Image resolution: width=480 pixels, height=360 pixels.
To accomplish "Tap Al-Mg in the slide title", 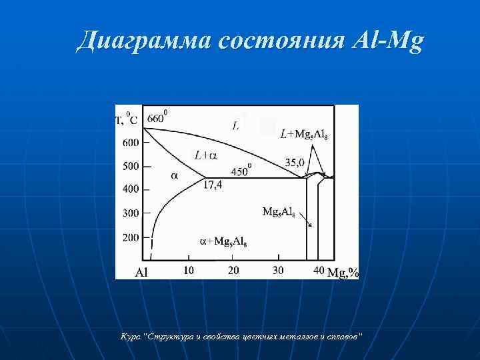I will click(x=387, y=42).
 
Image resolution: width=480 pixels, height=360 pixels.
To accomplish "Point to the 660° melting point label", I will click(x=156, y=118).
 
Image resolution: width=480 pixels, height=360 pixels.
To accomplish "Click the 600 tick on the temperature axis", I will click(x=131, y=142).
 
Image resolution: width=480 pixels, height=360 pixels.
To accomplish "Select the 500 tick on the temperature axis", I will click(x=131, y=166).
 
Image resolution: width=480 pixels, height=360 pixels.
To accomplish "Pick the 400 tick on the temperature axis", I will click(x=131, y=189).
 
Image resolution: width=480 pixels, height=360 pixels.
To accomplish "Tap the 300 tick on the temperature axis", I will click(x=131, y=213).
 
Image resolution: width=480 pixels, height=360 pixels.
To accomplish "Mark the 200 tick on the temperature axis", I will click(x=131, y=237).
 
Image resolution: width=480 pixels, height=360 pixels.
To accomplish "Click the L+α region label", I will click(x=205, y=155).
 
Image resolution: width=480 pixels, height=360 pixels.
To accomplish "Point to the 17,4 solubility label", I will click(x=213, y=186).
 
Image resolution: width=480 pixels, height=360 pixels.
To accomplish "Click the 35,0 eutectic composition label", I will click(x=295, y=161).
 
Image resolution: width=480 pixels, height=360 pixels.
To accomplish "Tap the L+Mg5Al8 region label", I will click(x=303, y=135).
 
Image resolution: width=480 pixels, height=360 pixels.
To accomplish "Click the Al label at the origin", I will click(x=142, y=272).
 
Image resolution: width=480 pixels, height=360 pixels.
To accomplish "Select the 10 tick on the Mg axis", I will click(x=188, y=270).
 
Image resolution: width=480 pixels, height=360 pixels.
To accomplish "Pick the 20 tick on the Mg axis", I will click(x=233, y=270).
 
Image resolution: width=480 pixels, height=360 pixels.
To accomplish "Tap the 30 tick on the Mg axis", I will click(x=278, y=270).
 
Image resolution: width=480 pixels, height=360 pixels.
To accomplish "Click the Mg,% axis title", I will click(x=344, y=272).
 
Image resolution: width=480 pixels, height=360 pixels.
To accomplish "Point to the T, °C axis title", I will click(x=126, y=120).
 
